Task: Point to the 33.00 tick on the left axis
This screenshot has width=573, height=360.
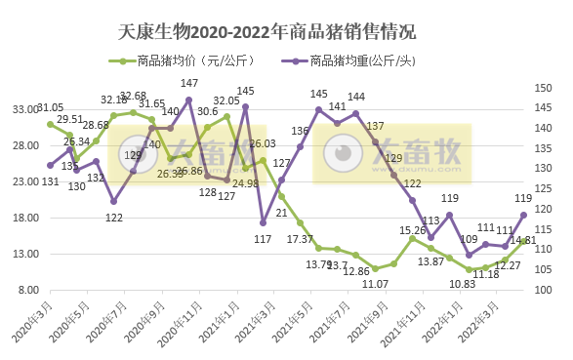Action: (22, 110)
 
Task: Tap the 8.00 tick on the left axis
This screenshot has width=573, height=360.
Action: (25, 291)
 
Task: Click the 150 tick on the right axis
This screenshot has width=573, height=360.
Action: (547, 88)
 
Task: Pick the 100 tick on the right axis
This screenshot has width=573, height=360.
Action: (547, 291)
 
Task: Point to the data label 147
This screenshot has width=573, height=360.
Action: (189, 84)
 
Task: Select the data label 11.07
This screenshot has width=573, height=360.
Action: (376, 284)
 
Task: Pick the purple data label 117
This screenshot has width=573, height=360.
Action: (263, 239)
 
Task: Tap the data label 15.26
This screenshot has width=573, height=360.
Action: (413, 230)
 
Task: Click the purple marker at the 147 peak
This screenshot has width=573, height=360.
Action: (189, 100)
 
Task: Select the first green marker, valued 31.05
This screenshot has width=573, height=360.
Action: (50, 124)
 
